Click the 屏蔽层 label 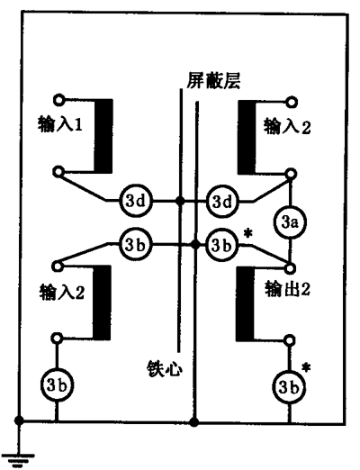click(x=213, y=80)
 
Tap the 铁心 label click(x=165, y=368)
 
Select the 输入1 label click(x=60, y=124)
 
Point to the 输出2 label click(x=287, y=290)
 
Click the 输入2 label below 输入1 click(x=62, y=292)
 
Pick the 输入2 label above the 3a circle click(x=287, y=126)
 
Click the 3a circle click(x=289, y=222)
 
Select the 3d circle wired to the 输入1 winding click(x=136, y=201)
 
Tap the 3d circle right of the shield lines click(x=222, y=202)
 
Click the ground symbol click(x=19, y=459)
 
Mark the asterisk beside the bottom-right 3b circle click(x=306, y=367)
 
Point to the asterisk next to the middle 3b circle click(x=248, y=233)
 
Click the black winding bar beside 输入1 click(x=103, y=136)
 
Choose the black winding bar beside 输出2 click(x=245, y=303)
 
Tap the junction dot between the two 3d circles click(x=180, y=201)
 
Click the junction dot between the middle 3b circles click(x=196, y=245)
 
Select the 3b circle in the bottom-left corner click(x=57, y=384)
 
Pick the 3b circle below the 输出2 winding click(x=289, y=387)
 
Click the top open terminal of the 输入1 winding click(x=58, y=100)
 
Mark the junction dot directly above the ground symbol click(x=19, y=420)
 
